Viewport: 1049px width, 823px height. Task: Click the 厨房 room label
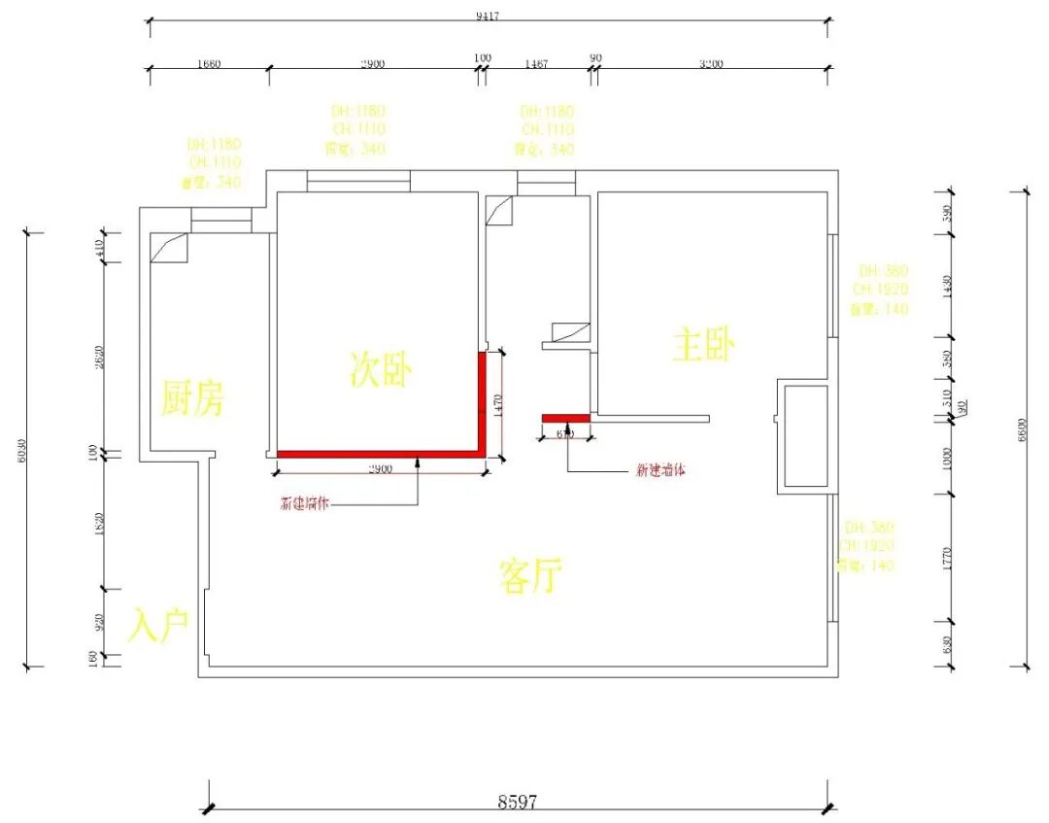[x=192, y=397]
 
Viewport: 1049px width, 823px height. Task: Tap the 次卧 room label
[x=382, y=369]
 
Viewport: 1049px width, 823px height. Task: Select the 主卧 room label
[x=703, y=345]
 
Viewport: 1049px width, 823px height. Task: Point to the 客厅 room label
[x=530, y=576]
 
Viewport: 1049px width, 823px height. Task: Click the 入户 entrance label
[x=158, y=627]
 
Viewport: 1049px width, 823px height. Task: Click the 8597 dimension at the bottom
[x=518, y=802]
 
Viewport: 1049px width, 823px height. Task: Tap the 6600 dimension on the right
[x=1021, y=428]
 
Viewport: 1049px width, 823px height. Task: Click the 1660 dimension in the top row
[x=209, y=64]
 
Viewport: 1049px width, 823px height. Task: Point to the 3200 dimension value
[x=711, y=64]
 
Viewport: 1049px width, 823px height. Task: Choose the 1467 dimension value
[x=536, y=64]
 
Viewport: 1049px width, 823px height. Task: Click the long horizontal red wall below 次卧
[x=379, y=454]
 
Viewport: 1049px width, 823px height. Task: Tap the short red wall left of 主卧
[x=565, y=418]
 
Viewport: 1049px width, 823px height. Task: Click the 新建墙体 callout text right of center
[x=660, y=470]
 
